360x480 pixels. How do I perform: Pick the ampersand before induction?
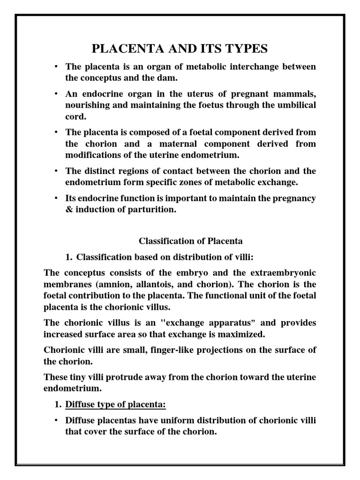(x=68, y=210)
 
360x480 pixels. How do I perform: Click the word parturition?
(x=155, y=210)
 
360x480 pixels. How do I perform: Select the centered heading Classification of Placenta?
(x=191, y=241)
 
